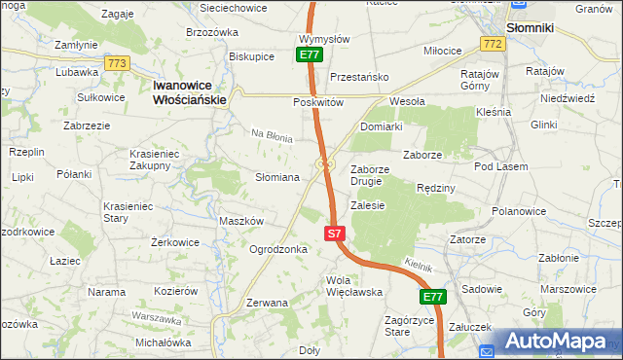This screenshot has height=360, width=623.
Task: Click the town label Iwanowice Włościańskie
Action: click(x=190, y=92)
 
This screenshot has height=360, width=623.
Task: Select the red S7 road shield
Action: click(x=334, y=234)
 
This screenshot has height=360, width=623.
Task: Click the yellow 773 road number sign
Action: click(x=118, y=64)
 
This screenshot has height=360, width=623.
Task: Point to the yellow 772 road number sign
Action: click(x=492, y=45)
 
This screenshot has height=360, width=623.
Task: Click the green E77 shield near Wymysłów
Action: click(x=310, y=55)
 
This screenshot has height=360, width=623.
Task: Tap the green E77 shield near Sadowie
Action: click(x=433, y=297)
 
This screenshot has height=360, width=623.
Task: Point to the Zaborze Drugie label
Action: click(x=370, y=175)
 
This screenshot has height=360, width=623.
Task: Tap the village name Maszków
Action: click(x=241, y=221)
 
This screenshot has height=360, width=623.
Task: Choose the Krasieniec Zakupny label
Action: click(x=164, y=160)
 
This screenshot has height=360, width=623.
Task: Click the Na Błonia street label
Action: click(x=273, y=137)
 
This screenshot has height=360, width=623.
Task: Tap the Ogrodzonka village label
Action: click(x=278, y=249)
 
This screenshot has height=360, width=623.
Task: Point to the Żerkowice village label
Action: click(x=176, y=242)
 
